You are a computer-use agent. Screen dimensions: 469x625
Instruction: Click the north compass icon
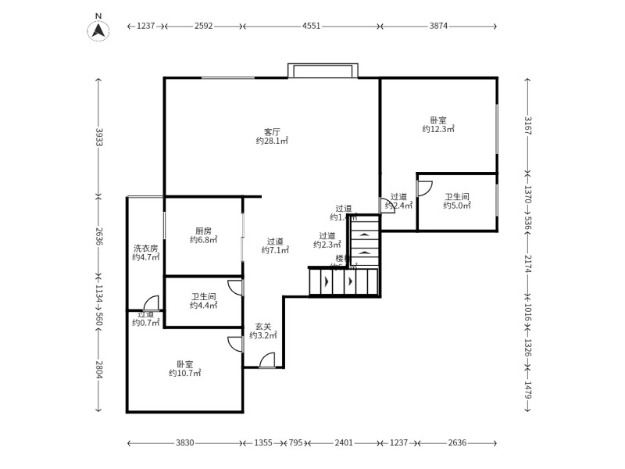(98, 29)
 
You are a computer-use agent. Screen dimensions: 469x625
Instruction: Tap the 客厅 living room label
(272, 131)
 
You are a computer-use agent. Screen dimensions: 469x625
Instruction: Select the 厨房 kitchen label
(204, 231)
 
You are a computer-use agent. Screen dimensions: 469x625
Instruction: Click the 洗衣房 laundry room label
(145, 248)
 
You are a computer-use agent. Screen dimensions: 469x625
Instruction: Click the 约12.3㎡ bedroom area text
(438, 129)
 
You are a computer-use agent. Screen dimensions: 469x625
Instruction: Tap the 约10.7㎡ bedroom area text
(185, 374)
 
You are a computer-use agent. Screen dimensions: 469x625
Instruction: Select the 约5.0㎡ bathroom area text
(457, 206)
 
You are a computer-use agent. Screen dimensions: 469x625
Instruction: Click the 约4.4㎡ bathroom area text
(205, 306)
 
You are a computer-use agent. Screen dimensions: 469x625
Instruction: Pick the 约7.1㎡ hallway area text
(275, 251)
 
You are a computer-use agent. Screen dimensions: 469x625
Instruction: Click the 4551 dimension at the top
(311, 26)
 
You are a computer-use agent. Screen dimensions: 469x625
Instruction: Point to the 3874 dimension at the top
(438, 26)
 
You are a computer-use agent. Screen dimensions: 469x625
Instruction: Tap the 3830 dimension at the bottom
(184, 442)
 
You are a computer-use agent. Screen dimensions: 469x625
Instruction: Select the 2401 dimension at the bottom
(344, 442)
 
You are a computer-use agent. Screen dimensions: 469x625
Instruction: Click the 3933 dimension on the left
(99, 137)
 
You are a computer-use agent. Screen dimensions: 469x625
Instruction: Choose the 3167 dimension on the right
(527, 125)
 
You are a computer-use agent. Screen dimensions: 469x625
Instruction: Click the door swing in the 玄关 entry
(266, 360)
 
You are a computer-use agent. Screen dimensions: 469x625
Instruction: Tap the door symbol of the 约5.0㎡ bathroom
(424, 188)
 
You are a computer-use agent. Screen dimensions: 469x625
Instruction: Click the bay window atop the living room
(323, 70)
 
